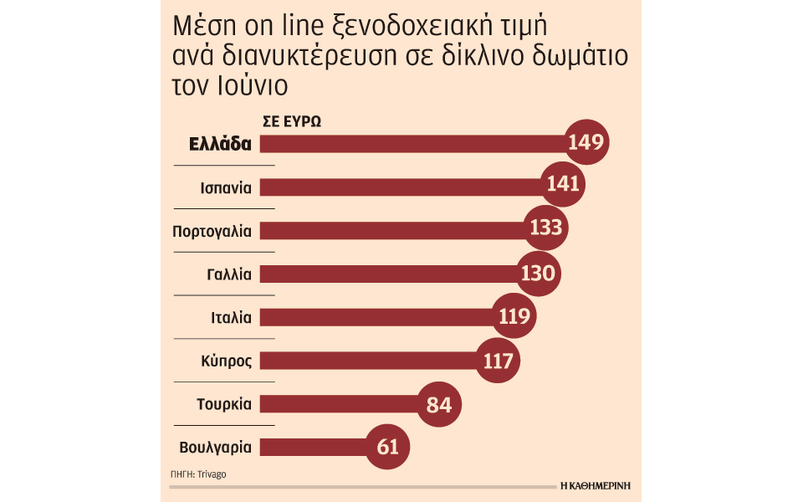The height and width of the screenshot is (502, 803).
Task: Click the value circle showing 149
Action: [586, 142]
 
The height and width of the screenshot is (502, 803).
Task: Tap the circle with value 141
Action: [563, 184]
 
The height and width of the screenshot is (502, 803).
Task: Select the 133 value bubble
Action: [546, 228]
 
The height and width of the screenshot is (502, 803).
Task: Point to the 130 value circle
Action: [538, 274]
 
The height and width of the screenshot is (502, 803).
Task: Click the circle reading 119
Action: [514, 316]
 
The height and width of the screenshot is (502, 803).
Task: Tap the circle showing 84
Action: [439, 405]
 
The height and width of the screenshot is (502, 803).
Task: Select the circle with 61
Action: [387, 447]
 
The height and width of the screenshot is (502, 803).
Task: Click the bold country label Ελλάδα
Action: [220, 144]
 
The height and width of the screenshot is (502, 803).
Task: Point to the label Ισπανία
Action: [226, 188]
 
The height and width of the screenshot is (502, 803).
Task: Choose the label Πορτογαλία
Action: [212, 232]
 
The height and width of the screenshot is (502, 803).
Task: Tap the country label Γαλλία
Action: [229, 274]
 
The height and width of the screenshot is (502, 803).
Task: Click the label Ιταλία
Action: [232, 318]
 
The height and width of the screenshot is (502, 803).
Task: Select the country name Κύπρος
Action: [227, 361]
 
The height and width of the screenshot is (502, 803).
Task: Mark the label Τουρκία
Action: [224, 404]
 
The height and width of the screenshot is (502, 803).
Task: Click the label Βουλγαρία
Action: [216, 448]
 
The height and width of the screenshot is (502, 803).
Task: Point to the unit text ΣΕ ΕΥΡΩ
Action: [292, 122]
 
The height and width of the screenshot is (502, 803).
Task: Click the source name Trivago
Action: [212, 474]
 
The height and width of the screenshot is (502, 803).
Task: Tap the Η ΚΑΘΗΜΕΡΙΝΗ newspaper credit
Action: [596, 485]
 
